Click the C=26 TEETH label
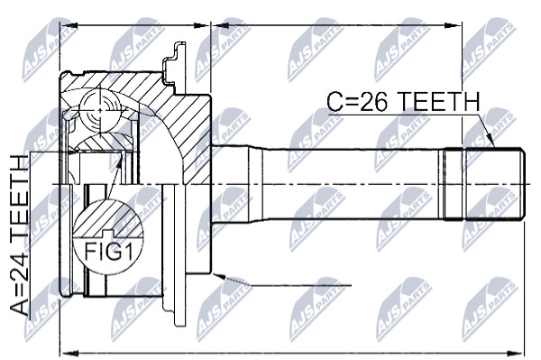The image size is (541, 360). pos(403,101)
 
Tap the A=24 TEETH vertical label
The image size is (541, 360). pos(19,235)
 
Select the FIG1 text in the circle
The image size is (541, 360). pos(109,252)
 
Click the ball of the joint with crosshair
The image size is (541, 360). pos(100,110)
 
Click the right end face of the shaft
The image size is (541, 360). pos(523,184)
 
